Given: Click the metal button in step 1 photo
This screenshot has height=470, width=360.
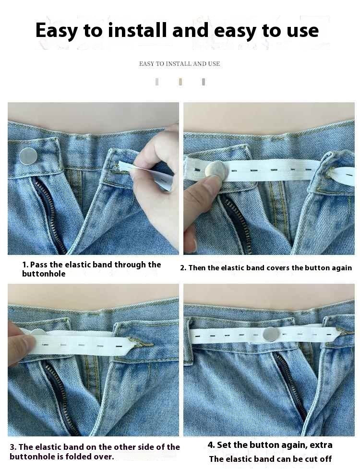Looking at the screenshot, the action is (x=28, y=156).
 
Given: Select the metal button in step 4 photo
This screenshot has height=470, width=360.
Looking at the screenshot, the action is (x=272, y=334).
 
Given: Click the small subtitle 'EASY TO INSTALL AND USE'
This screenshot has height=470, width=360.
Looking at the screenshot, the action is (x=179, y=63).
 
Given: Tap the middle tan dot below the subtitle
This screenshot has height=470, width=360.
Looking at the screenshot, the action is (x=180, y=82).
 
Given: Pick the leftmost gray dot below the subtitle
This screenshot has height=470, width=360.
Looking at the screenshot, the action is (x=157, y=82).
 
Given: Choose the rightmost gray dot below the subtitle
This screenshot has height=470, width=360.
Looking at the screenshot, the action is (x=204, y=82).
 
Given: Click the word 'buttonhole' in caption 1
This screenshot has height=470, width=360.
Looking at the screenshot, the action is (x=44, y=274).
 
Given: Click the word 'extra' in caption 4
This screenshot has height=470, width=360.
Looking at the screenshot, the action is (x=321, y=445).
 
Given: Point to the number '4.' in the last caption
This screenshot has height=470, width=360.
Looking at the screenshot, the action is (x=211, y=445).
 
